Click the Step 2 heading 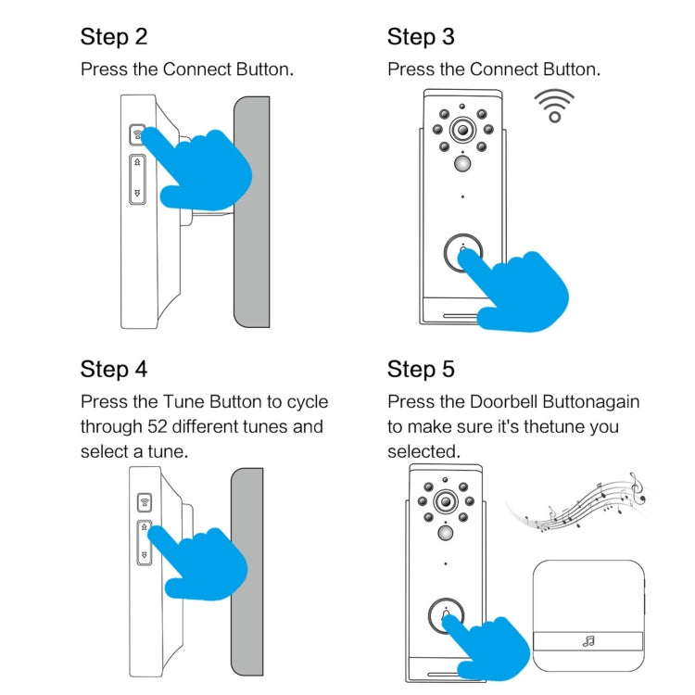coord(114,37)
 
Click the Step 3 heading coord(421,37)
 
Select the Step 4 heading coord(114,369)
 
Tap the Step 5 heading coord(421,370)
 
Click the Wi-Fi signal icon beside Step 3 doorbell coord(555,107)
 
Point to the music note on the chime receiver coord(588,640)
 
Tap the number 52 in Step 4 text coord(158,427)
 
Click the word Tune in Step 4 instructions coord(183,402)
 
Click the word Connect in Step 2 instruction coord(194,69)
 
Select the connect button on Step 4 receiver coord(145,504)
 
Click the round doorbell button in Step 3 coord(462,254)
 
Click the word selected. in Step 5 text coord(423,451)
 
